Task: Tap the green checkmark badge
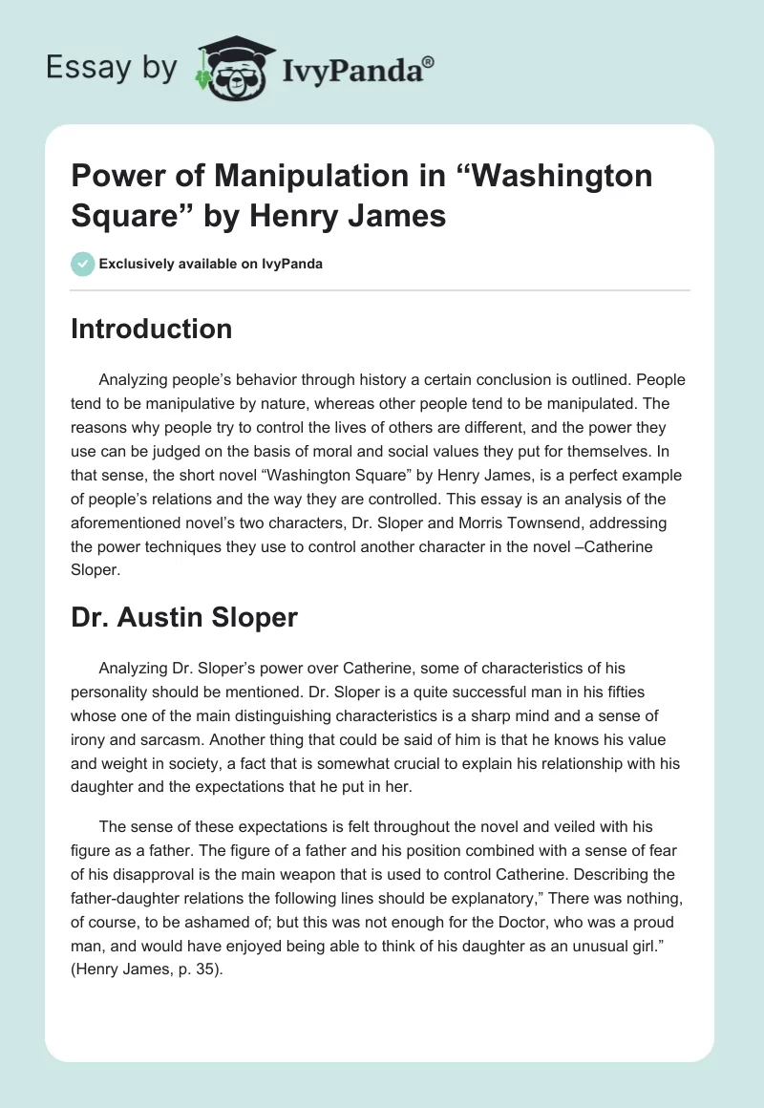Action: [x=82, y=264]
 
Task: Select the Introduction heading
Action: [x=152, y=330]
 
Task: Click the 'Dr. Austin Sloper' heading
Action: [x=184, y=617]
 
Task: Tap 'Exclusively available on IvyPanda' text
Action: [x=210, y=265]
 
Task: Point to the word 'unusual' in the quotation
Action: [x=561, y=947]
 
